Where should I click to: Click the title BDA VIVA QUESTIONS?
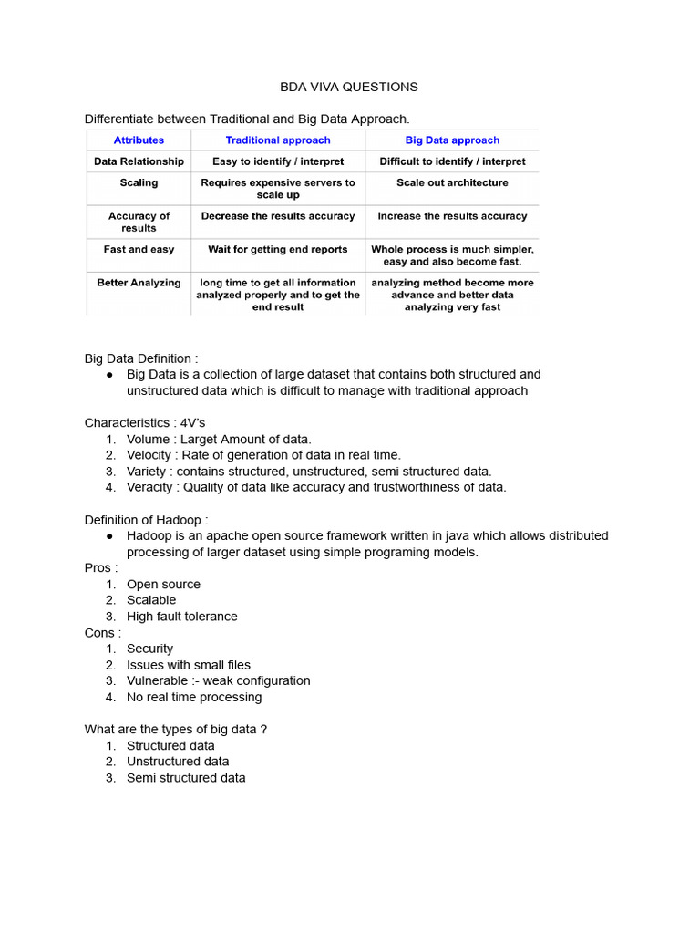(348, 87)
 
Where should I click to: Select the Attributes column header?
(139, 140)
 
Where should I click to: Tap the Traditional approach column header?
(278, 140)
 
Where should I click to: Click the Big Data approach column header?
(452, 140)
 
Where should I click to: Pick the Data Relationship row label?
(139, 161)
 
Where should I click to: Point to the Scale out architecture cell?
(452, 182)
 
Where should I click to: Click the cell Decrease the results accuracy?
(278, 216)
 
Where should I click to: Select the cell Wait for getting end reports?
(278, 249)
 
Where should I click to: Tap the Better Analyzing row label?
(139, 283)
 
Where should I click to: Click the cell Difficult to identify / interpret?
(452, 161)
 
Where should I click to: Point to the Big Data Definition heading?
(141, 358)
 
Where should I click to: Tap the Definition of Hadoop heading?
(152, 520)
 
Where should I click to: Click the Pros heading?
(101, 568)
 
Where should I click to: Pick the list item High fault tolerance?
(181, 617)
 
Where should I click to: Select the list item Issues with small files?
(188, 665)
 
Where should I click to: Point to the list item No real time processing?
(193, 697)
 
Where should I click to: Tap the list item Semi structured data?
(186, 778)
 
